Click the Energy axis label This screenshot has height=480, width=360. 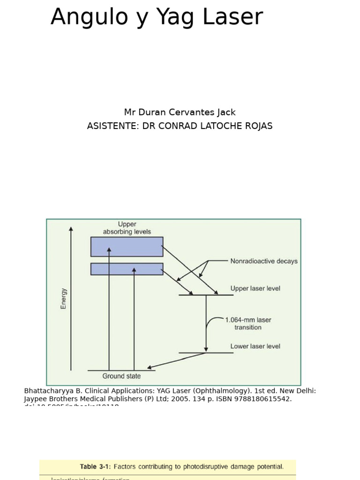(64, 299)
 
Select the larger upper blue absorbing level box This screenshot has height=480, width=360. (127, 247)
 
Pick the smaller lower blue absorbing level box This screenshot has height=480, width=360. (127, 269)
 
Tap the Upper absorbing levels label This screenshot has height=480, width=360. (127, 228)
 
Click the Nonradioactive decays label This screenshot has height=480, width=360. (264, 261)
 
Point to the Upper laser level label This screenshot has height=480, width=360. (255, 288)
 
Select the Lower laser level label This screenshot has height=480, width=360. (255, 346)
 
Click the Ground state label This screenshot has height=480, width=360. (121, 376)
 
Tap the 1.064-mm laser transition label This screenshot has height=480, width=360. (248, 323)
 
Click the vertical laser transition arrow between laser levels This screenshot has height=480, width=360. (206, 323)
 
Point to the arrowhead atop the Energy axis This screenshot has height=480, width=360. (71, 229)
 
